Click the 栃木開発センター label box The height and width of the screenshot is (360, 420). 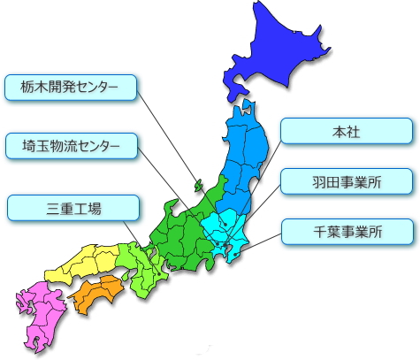pos(72,86)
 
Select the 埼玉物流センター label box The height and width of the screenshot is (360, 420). pos(72,145)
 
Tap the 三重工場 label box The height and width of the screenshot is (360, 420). pos(73,209)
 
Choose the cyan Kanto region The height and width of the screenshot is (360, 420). pos(225,226)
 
